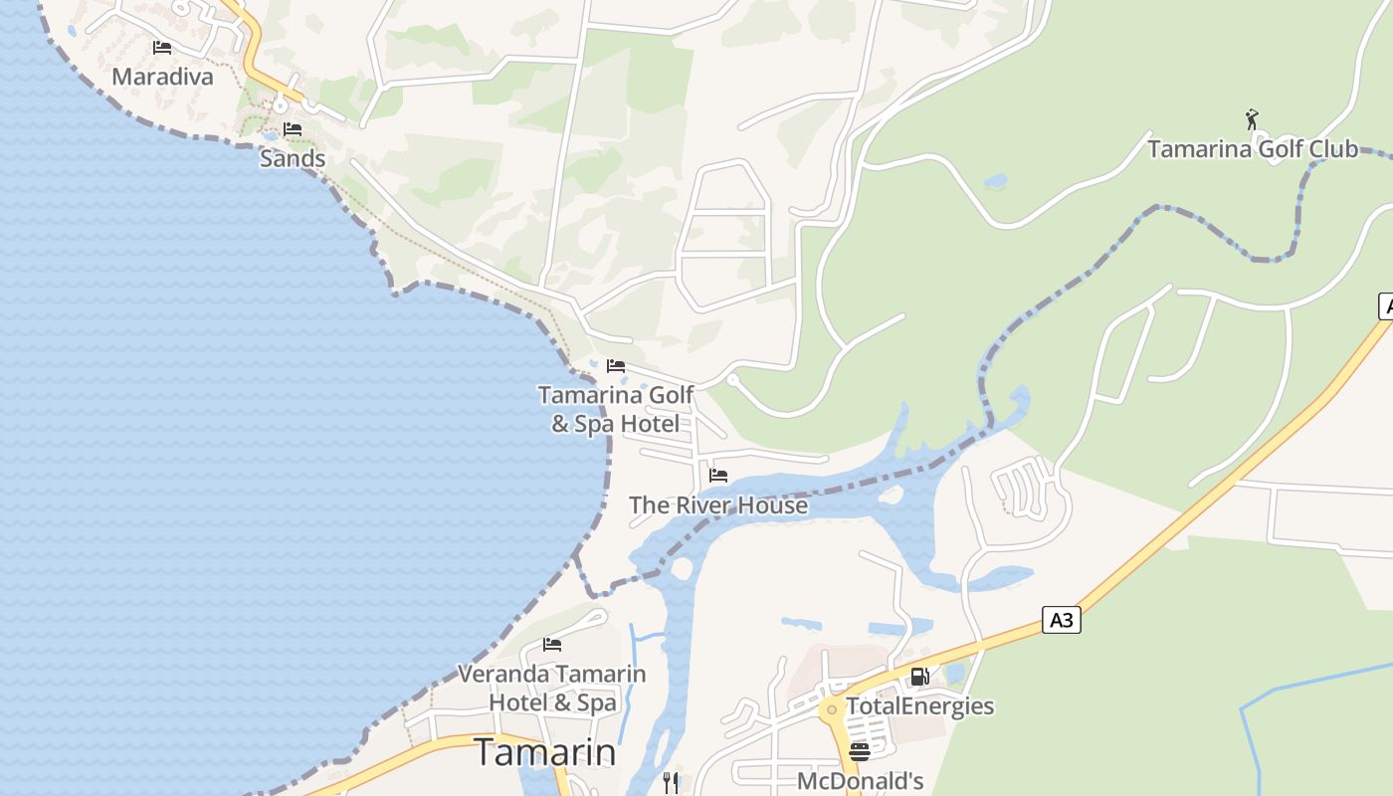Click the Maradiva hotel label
point(162,77)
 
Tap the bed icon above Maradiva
point(162,48)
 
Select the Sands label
point(293,158)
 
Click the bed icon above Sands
point(293,129)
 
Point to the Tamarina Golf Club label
point(1252,149)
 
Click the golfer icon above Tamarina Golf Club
point(1252,119)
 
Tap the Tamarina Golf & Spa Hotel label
point(616,409)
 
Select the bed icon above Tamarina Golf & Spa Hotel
point(616,366)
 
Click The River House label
point(718,505)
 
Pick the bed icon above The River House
point(718,476)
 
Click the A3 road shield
point(1062,620)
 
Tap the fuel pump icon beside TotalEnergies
point(920,677)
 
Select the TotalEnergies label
point(919,706)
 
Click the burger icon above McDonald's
point(860,751)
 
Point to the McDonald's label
point(860,781)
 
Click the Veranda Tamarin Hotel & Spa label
point(552,688)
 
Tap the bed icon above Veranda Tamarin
point(552,645)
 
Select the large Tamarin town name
point(544,752)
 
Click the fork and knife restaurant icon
point(671,783)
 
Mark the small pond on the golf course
point(995,182)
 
